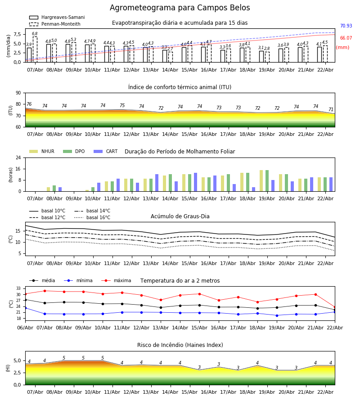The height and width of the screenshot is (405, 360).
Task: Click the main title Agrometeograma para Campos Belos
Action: (x=180, y=8)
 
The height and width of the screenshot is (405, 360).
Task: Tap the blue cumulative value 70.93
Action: (x=346, y=27)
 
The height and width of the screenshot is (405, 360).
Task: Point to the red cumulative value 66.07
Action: (x=346, y=39)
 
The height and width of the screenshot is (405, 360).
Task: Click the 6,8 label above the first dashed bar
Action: (x=35, y=34)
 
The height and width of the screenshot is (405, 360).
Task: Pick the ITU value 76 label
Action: (x=29, y=104)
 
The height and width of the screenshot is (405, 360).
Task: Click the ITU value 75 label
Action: (x=122, y=106)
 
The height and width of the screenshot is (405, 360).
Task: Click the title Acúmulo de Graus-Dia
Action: (x=180, y=216)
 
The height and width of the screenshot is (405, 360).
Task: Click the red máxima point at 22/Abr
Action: (x=334, y=307)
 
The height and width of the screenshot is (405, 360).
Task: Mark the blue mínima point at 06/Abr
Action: (x=25, y=308)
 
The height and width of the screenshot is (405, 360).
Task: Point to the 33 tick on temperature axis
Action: (x=19, y=288)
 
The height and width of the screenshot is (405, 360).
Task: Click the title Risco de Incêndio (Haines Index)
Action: (x=180, y=345)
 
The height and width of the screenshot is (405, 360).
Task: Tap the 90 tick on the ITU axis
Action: (x=18, y=93)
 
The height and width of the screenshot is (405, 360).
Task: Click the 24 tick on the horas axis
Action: (x=18, y=158)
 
